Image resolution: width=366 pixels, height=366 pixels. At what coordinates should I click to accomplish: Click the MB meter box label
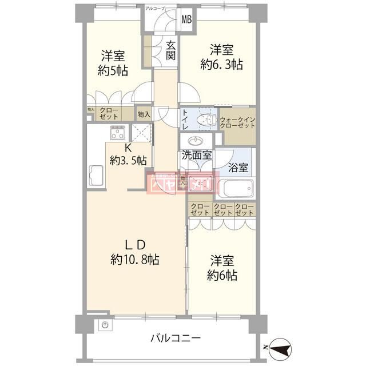point(186,19)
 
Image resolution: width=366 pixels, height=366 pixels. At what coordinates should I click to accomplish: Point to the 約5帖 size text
point(113,70)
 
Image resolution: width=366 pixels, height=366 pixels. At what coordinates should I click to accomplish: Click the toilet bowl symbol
point(204,120)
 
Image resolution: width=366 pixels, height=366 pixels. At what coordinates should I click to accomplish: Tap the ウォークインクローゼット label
point(237,122)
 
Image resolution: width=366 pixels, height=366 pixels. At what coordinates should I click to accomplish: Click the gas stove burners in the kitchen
point(117,136)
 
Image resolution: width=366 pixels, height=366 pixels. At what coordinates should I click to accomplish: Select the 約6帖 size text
point(222,275)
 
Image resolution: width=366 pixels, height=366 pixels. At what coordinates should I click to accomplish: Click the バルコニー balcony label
point(176,337)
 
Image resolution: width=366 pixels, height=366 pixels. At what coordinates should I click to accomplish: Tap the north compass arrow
point(279,347)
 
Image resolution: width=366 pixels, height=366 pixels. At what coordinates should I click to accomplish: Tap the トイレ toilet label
point(185,120)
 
